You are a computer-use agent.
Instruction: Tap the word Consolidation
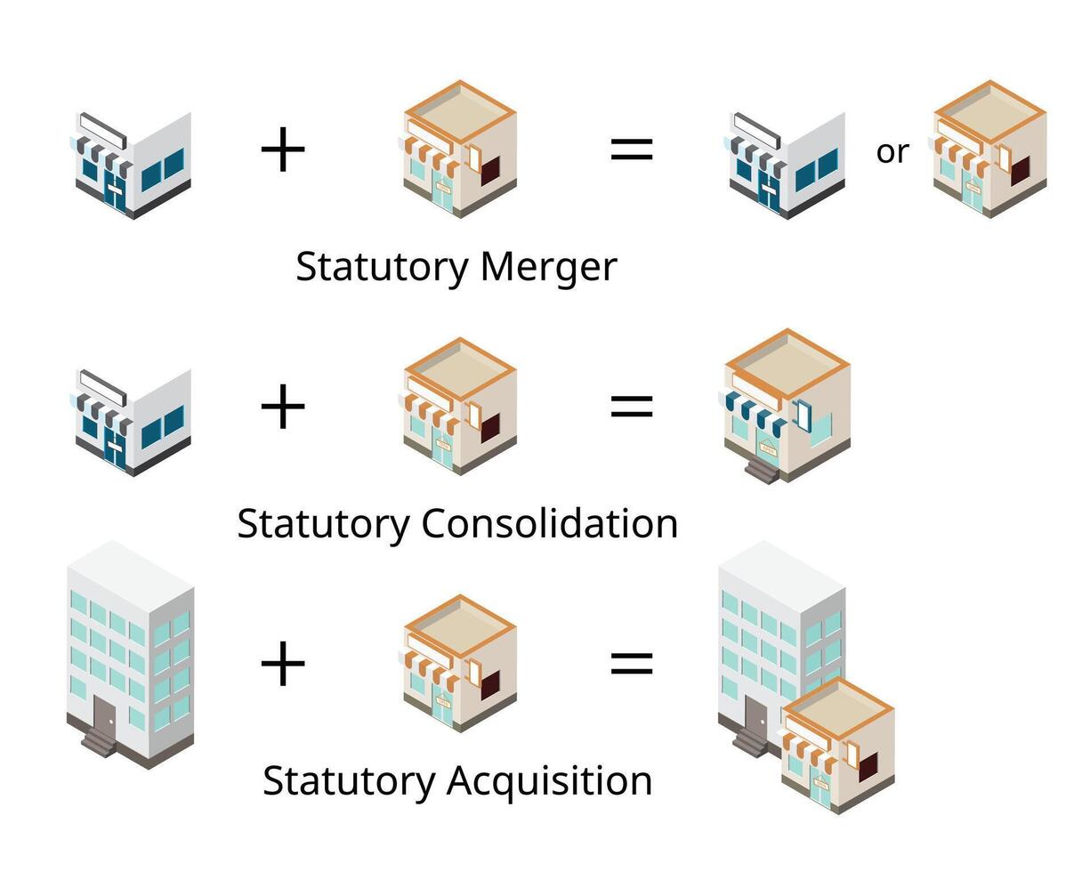tap(549, 523)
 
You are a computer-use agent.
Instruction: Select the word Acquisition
tap(549, 781)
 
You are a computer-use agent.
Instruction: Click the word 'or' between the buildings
tap(892, 152)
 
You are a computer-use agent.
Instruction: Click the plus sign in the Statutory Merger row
tap(283, 149)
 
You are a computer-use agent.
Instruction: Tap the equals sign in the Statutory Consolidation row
tap(632, 407)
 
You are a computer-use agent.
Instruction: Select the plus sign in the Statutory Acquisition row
tap(283, 664)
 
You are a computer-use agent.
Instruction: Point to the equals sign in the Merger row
tap(632, 149)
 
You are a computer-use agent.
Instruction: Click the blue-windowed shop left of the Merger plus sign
tap(133, 165)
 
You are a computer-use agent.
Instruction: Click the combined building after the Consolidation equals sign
tap(786, 405)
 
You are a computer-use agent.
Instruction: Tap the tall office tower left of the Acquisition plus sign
tap(130, 654)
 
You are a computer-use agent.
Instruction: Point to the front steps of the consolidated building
tap(762, 469)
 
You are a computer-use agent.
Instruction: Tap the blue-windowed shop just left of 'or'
tap(787, 165)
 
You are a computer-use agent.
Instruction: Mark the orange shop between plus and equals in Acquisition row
tap(459, 663)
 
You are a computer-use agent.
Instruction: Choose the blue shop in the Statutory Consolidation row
tap(133, 422)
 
